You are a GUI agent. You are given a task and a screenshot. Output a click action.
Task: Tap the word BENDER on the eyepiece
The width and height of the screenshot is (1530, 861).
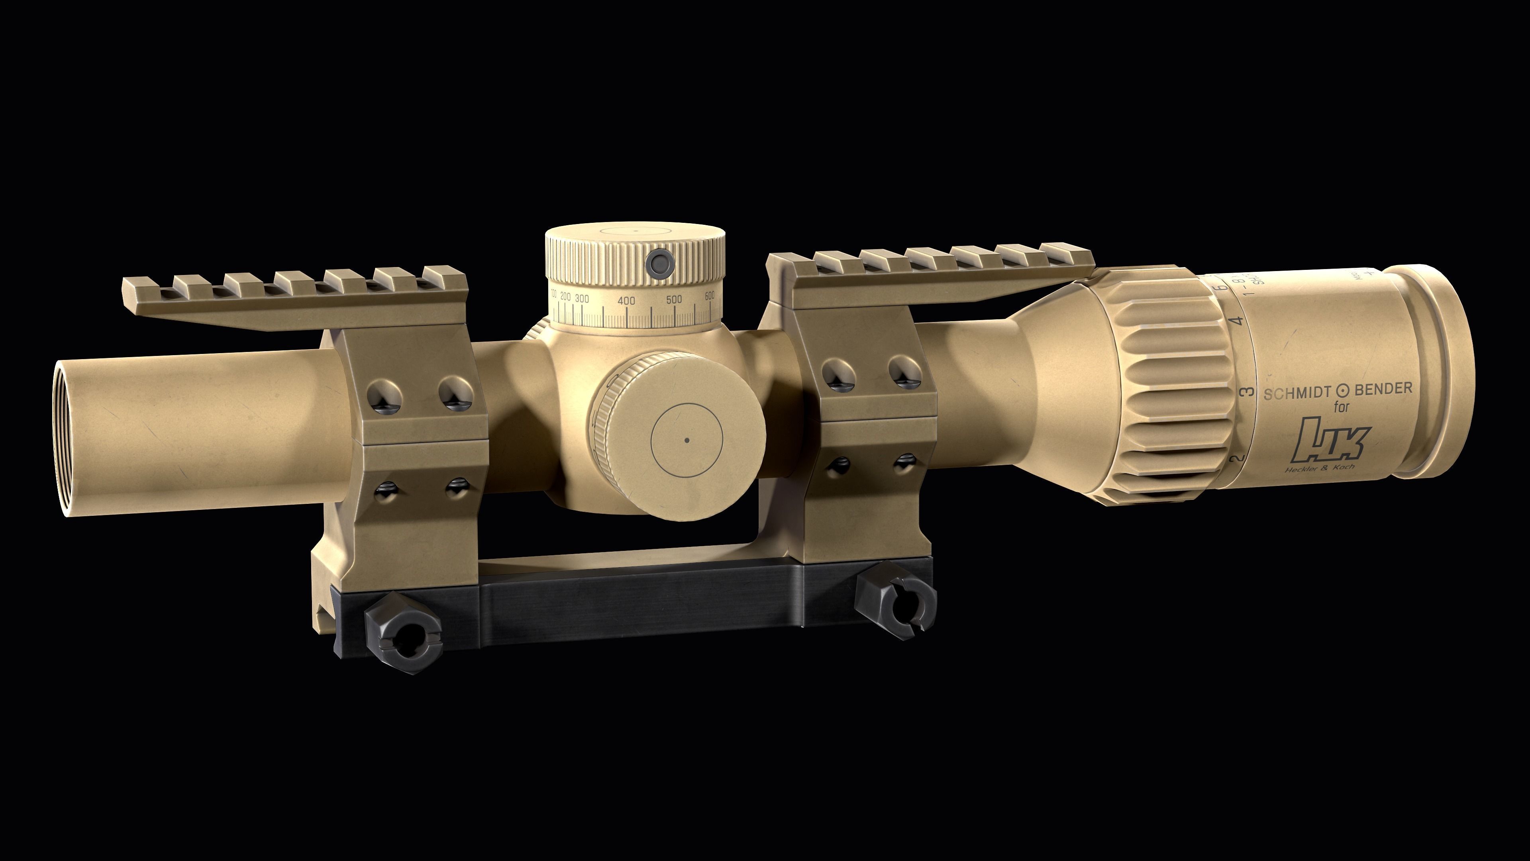tap(1383, 389)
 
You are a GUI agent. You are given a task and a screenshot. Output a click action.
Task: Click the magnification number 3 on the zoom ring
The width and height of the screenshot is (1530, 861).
tap(1248, 391)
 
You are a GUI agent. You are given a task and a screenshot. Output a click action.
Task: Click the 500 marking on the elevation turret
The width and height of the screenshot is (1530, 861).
tap(673, 299)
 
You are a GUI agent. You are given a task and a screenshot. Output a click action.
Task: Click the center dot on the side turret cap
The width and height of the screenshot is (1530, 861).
tap(687, 440)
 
